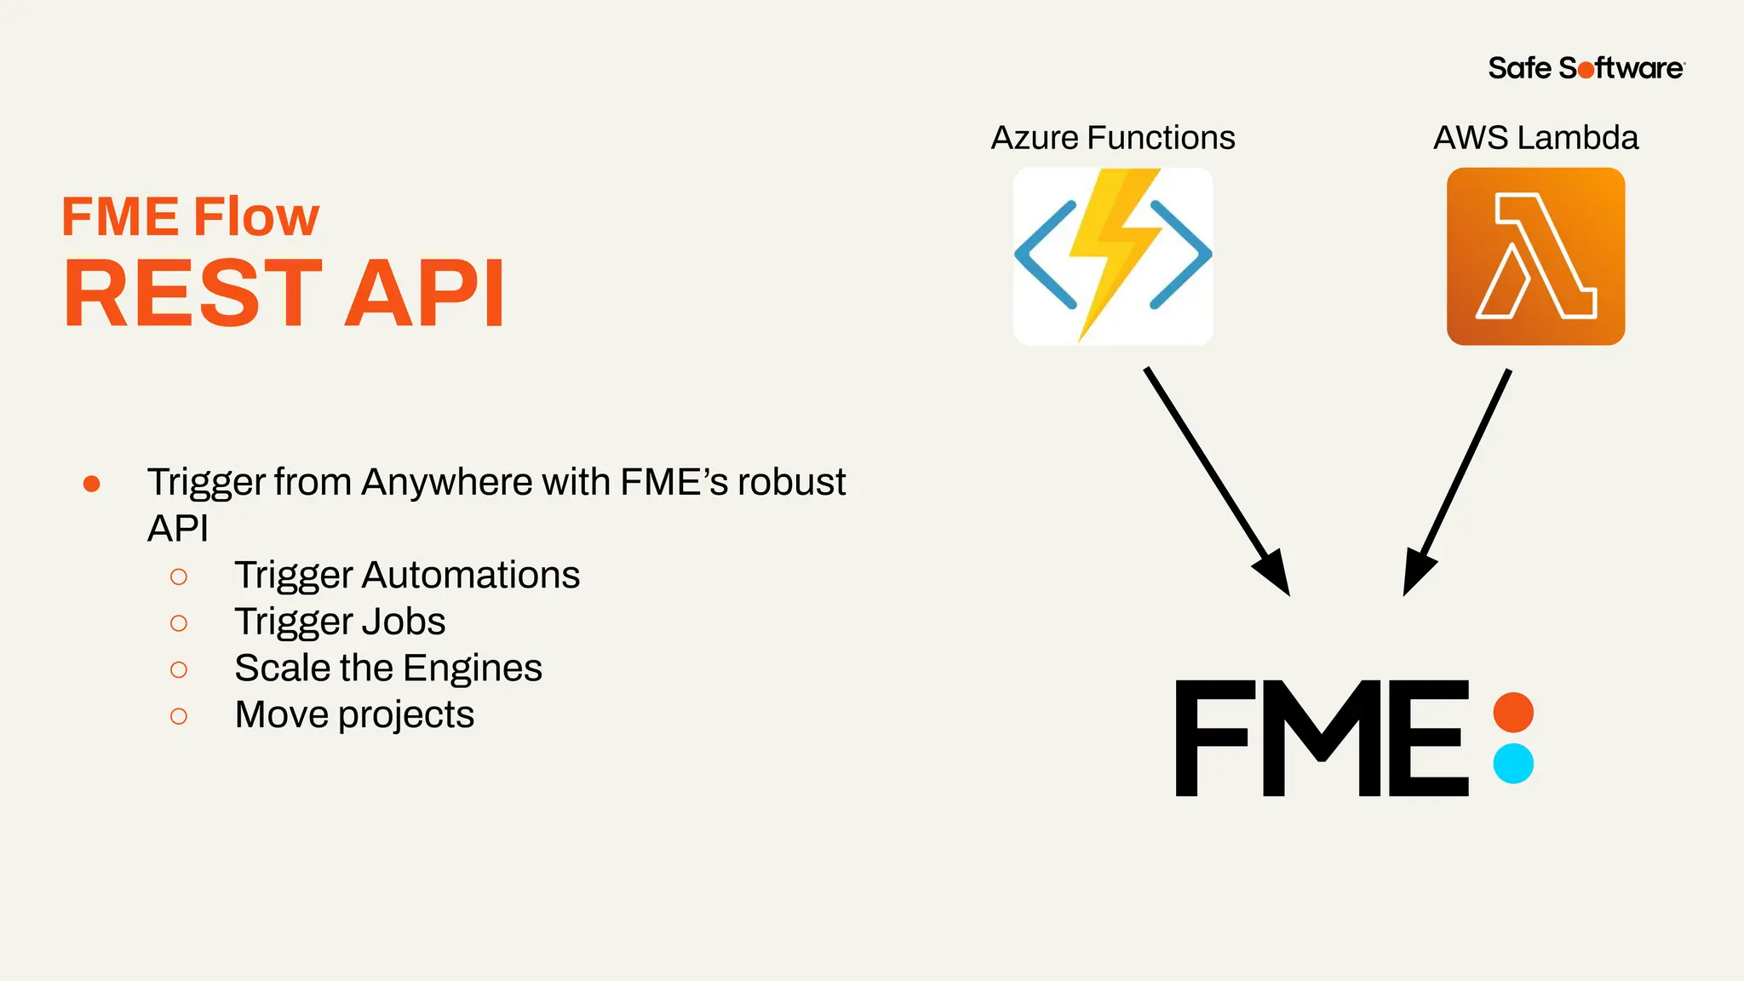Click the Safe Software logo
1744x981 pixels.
[x=1586, y=68]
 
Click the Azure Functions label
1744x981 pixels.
[x=1112, y=138]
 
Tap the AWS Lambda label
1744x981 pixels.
[x=1535, y=138]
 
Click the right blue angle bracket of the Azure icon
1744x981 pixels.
[x=1182, y=255]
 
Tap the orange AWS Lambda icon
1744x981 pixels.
[x=1535, y=256]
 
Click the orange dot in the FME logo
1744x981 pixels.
[x=1513, y=712]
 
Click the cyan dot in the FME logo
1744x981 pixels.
[x=1513, y=763]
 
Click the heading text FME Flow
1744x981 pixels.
[x=190, y=216]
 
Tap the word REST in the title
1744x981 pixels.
[x=192, y=294]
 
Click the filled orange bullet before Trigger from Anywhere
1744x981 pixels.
[x=92, y=484]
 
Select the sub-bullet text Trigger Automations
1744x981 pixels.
[x=407, y=575]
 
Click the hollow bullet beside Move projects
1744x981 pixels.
[x=179, y=716]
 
